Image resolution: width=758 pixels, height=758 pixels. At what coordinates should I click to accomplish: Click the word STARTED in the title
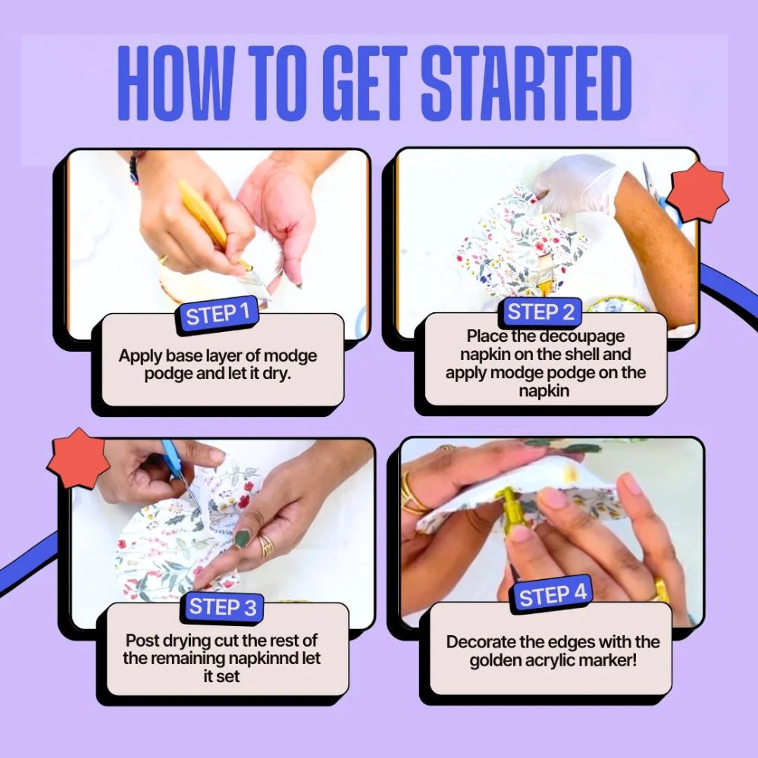527,83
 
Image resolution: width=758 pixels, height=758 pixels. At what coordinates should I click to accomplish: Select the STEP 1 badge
217,315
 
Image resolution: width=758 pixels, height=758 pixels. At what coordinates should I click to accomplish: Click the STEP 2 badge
540,312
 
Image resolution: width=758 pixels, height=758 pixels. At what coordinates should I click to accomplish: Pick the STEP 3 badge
222,606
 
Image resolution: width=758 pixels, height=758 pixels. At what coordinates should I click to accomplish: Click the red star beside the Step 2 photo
697,192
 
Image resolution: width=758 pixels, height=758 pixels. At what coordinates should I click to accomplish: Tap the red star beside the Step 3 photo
78,459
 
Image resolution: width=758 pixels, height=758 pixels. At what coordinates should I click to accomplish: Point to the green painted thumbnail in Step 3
243,538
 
